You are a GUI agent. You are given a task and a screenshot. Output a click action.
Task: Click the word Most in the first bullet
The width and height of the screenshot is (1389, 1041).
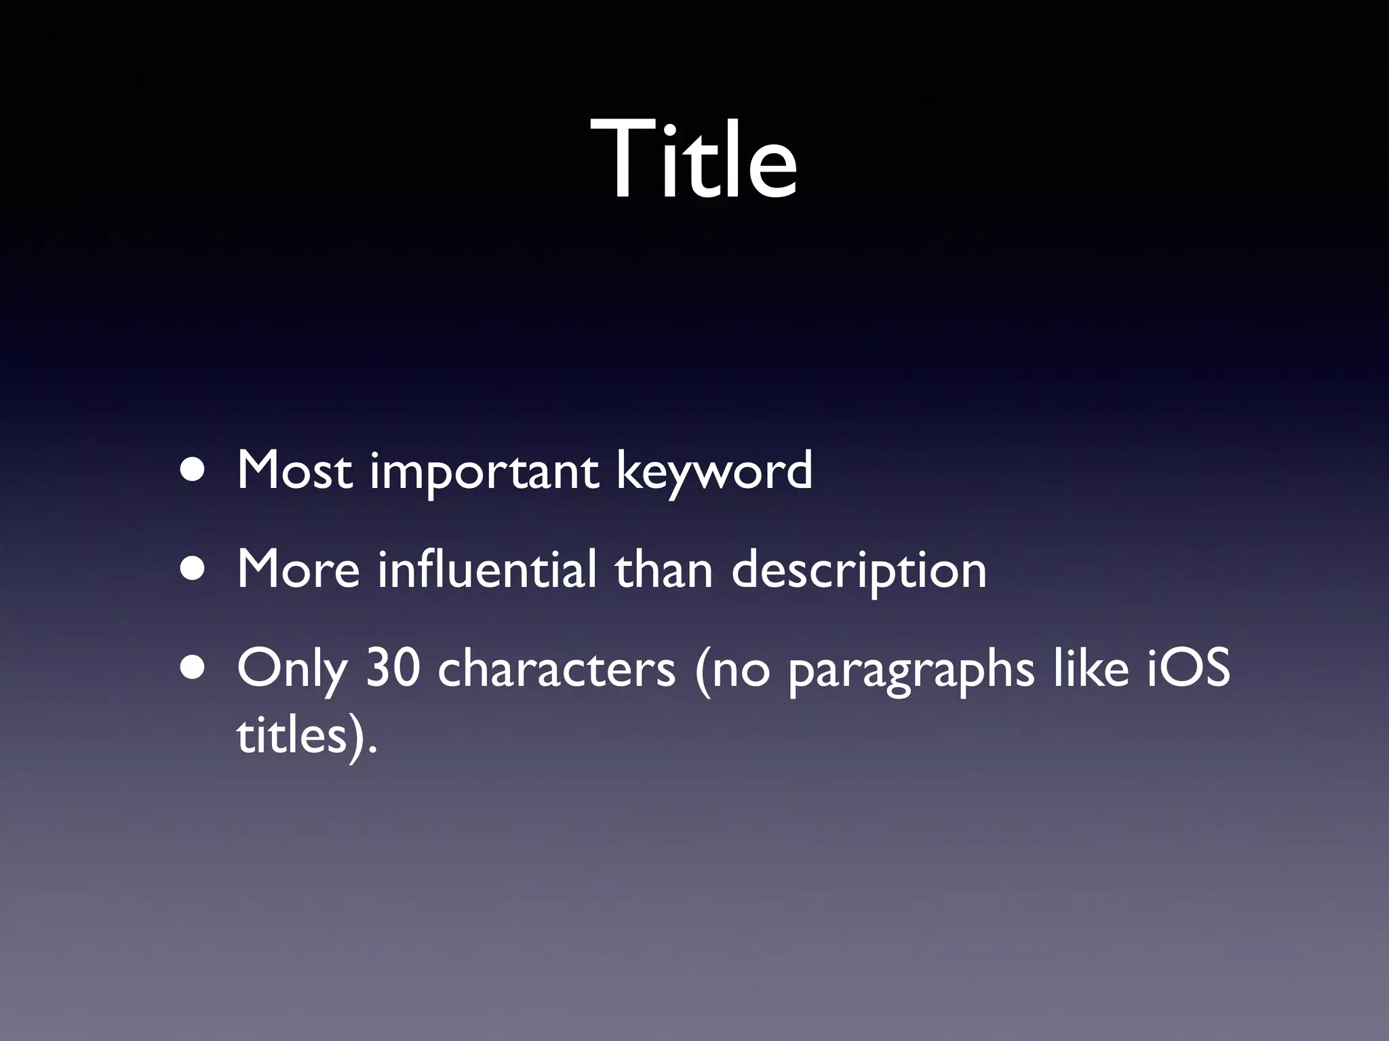click(294, 470)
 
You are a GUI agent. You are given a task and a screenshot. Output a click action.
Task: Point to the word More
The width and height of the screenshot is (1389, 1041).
click(298, 569)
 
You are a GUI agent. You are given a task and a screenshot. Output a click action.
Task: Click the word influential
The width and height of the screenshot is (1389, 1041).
click(487, 569)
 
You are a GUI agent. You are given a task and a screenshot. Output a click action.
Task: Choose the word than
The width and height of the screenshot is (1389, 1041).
click(664, 569)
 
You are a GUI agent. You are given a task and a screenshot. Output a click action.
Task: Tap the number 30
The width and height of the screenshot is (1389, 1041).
click(393, 668)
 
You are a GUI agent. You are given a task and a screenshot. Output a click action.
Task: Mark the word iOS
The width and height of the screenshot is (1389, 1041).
click(1188, 668)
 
